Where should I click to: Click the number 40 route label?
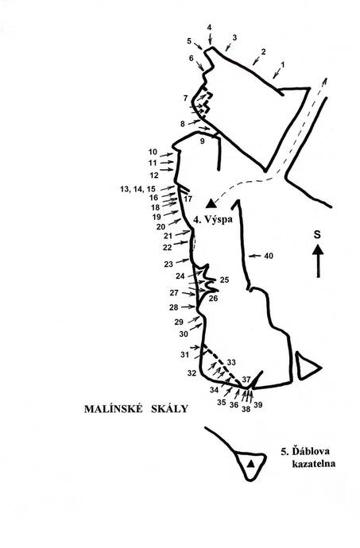click(269, 257)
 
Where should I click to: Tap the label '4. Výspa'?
click(213, 220)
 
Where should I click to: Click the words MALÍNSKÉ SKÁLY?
click(136, 408)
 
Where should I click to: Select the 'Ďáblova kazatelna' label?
click(308, 457)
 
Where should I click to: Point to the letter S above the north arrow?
click(317, 234)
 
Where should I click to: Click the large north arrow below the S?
click(318, 260)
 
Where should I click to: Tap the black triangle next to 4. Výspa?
click(211, 203)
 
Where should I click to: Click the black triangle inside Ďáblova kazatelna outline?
click(250, 464)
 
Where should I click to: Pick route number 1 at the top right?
click(283, 64)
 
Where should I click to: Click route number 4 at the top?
click(209, 27)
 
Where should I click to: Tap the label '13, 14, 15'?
click(137, 189)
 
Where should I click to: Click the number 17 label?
click(188, 199)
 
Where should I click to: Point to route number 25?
click(224, 280)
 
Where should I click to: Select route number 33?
click(231, 362)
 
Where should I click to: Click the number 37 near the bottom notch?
click(246, 379)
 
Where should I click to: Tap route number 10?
click(153, 152)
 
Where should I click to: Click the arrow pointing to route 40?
click(254, 257)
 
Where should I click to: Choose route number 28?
click(173, 307)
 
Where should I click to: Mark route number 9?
click(202, 141)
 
